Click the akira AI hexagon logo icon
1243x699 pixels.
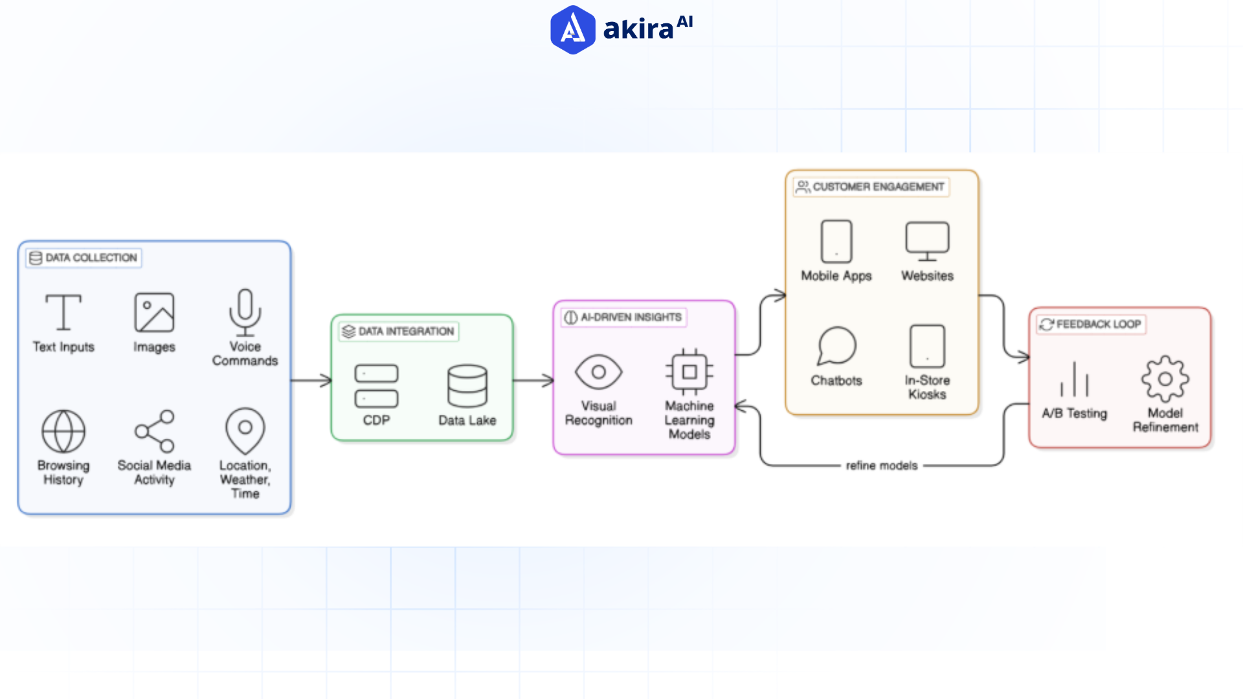pyautogui.click(x=572, y=30)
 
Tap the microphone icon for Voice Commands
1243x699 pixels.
pyautogui.click(x=245, y=312)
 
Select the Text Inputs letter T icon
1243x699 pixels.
pyautogui.click(x=63, y=312)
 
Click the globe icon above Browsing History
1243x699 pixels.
pyautogui.click(x=63, y=431)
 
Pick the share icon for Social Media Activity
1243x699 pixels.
pyautogui.click(x=155, y=431)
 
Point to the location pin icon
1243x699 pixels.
pyautogui.click(x=245, y=430)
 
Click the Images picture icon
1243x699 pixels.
pyautogui.click(x=154, y=312)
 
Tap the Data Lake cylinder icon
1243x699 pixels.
pyautogui.click(x=467, y=386)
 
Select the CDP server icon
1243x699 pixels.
pyautogui.click(x=376, y=386)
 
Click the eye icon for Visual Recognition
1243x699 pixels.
pyautogui.click(x=598, y=372)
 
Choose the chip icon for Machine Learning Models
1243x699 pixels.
pyautogui.click(x=689, y=372)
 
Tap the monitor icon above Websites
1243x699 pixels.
pyautogui.click(x=927, y=241)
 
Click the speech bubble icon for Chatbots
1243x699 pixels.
pyautogui.click(x=836, y=346)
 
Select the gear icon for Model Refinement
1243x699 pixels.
pyautogui.click(x=1165, y=379)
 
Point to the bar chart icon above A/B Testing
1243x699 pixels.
pyautogui.click(x=1074, y=380)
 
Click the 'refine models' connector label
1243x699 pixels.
pyautogui.click(x=881, y=465)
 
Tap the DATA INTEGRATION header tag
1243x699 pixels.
pyautogui.click(x=399, y=331)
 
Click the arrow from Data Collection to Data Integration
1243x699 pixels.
pyautogui.click(x=311, y=381)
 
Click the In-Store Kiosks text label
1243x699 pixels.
pyautogui.click(x=927, y=387)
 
